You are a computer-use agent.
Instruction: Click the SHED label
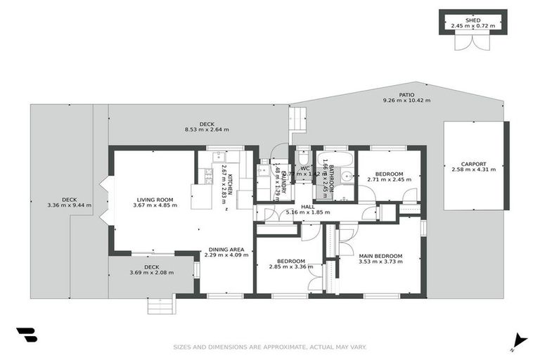point(473,21)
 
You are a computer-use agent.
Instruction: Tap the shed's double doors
point(469,41)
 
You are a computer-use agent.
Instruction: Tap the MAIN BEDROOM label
point(380,256)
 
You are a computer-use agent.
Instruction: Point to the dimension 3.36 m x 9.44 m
point(69,205)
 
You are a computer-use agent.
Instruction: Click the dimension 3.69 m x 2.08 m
point(151,273)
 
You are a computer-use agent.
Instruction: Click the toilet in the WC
point(303,156)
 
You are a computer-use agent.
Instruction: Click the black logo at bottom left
point(26,335)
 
